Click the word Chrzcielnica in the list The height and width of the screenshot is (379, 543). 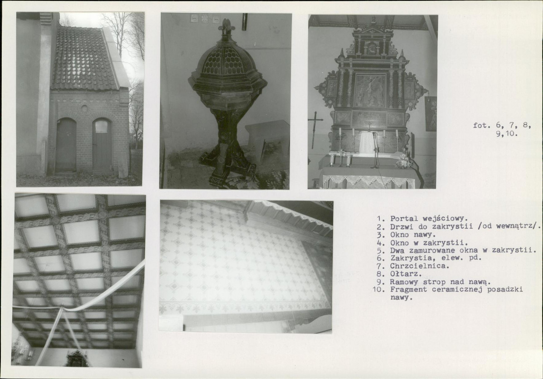click(419, 266)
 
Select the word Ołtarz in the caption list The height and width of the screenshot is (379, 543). click(406, 274)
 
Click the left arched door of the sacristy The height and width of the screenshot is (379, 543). click(66, 144)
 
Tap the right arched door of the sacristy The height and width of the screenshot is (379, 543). click(102, 144)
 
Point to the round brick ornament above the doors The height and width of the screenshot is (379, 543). click(84, 108)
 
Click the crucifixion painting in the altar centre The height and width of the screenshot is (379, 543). click(369, 90)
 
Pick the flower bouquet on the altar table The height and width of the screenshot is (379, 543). click(403, 161)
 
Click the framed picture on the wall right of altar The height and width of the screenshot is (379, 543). click(431, 114)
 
